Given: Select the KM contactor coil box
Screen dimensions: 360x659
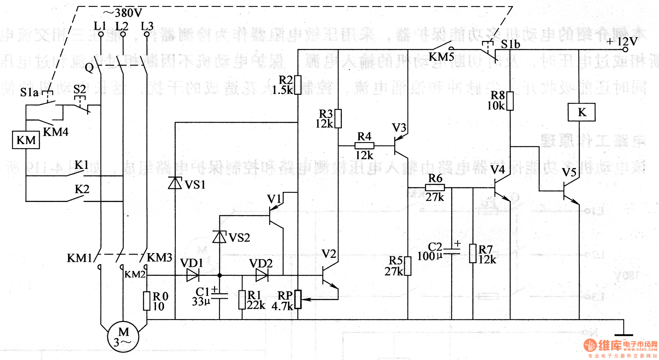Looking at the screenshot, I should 26,140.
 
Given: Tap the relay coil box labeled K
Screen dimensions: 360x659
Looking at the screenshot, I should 582,112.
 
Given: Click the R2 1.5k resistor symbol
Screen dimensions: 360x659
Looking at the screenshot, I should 298,85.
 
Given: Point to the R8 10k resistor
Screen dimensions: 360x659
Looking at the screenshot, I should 510,101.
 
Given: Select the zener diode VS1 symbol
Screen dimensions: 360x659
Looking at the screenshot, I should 175,183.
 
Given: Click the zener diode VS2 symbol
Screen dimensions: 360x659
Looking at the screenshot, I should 220,236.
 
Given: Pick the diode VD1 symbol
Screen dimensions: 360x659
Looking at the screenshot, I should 193,275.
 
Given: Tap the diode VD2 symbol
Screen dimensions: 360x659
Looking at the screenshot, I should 262,275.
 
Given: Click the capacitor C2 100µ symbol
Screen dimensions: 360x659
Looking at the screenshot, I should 452,251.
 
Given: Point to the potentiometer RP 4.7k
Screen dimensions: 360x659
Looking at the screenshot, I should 298,299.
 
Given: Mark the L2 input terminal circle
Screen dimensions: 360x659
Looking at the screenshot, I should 122,35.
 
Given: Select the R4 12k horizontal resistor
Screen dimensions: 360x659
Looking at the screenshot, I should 364,146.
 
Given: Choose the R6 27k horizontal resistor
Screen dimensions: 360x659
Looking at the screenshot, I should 435,187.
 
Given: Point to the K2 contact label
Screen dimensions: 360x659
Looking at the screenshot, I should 82,189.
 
